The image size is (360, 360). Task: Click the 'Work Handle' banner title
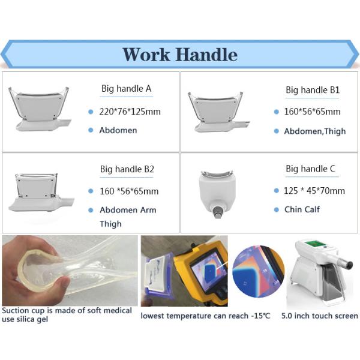(180, 55)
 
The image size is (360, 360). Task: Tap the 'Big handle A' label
(126, 89)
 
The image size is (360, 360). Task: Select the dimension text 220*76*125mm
(130, 112)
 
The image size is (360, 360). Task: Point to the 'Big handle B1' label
(313, 90)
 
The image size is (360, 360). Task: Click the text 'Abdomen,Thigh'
(315, 131)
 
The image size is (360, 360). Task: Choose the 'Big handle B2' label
(127, 169)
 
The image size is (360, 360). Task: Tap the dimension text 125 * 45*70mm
(314, 191)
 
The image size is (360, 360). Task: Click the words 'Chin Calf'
(302, 209)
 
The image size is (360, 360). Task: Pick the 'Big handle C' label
(310, 169)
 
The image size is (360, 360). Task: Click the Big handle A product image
(40, 109)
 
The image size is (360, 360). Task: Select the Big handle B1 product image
(218, 112)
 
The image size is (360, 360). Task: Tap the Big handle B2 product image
(41, 192)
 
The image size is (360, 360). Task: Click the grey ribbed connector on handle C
(217, 212)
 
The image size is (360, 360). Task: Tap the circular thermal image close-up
(258, 271)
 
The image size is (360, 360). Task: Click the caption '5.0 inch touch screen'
(320, 316)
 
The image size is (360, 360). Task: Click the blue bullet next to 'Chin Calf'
(277, 209)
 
